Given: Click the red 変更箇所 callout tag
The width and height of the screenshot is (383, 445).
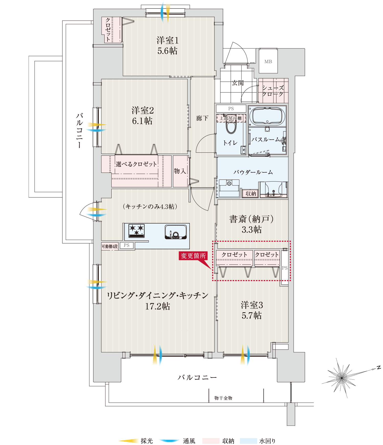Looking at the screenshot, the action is (193, 256).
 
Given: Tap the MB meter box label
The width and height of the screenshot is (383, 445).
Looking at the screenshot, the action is (268, 62).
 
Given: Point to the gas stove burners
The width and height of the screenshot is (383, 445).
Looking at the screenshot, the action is (136, 230).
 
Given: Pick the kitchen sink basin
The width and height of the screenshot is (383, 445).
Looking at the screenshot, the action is (176, 232).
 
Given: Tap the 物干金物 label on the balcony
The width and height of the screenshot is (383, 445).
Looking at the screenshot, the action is (223, 398).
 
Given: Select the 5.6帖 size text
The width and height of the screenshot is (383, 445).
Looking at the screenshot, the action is (167, 51).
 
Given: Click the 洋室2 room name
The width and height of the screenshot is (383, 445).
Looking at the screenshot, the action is (142, 110).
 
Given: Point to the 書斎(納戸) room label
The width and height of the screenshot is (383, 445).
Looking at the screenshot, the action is (252, 219).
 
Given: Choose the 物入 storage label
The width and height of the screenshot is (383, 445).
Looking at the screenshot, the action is (180, 171).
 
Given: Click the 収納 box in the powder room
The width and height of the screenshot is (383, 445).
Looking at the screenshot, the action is (251, 194).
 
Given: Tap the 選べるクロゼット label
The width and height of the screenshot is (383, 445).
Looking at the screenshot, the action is (136, 164).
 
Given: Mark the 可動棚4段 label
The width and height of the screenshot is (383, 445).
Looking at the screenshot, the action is (110, 247).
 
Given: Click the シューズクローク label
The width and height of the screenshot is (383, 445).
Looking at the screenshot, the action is (273, 91).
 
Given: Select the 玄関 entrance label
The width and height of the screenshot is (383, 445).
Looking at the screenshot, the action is (238, 83).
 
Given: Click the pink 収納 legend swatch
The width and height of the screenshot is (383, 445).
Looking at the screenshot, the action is (211, 441).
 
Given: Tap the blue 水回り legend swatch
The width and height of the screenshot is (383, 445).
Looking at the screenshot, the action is (248, 441).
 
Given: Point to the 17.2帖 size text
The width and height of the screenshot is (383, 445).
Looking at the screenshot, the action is (158, 306).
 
